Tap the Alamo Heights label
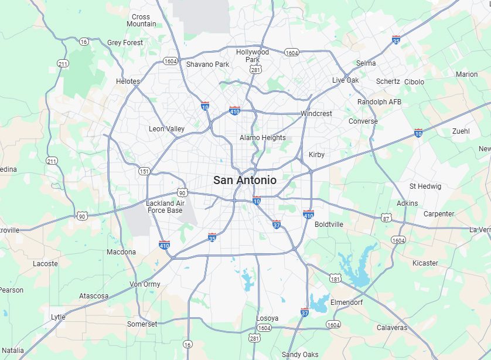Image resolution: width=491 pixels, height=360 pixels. (x=262, y=138)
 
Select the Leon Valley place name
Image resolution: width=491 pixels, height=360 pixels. (x=166, y=129)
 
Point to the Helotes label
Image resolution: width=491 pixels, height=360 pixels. (x=128, y=81)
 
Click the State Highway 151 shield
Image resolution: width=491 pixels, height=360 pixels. (x=144, y=171)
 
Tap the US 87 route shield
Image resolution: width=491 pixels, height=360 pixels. (x=386, y=218)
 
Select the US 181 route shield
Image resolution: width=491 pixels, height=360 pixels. (x=335, y=279)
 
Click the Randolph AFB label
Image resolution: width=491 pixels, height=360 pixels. (x=379, y=102)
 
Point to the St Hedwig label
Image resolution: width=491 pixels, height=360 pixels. (x=425, y=186)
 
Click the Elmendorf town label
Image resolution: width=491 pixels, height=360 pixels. (x=346, y=303)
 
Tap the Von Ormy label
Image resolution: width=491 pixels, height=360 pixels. (x=145, y=284)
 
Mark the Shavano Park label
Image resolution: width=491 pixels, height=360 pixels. (x=207, y=64)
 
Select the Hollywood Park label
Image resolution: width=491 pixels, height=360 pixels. (x=253, y=56)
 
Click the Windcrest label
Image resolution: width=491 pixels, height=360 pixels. (x=316, y=114)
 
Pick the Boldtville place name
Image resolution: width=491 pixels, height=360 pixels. (x=329, y=225)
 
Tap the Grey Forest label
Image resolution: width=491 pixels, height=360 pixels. (x=125, y=43)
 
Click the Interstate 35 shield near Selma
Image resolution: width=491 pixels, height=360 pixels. (x=397, y=40)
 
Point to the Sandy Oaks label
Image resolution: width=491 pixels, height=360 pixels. (x=300, y=355)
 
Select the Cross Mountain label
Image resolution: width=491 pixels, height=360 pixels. (x=141, y=21)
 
